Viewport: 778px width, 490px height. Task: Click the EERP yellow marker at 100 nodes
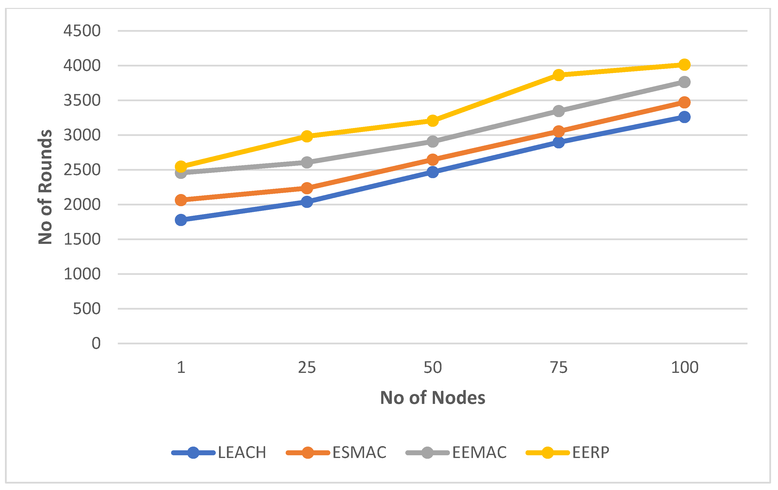[x=684, y=65]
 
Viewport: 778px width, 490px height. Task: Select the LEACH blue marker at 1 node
[x=181, y=220]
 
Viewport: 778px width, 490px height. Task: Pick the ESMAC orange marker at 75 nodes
[x=558, y=131]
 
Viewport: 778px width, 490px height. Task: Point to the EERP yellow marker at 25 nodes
[x=307, y=136]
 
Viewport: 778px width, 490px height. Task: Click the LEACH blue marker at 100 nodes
[x=684, y=117]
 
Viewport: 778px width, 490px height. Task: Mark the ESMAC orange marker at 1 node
[x=181, y=200]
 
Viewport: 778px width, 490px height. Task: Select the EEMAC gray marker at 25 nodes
[x=307, y=162]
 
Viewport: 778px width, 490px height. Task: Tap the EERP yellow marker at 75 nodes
[x=558, y=75]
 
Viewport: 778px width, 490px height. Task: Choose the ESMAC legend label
[x=359, y=453]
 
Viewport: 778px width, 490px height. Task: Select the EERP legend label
[x=591, y=453]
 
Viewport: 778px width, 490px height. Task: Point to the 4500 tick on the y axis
[x=82, y=31]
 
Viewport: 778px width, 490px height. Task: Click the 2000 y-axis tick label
[x=82, y=205]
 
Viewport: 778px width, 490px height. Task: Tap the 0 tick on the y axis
[x=96, y=343]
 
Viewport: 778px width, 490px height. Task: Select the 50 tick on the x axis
[x=433, y=367]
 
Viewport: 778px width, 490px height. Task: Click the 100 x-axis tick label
[x=684, y=367]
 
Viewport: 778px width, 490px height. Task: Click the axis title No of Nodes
[x=433, y=397]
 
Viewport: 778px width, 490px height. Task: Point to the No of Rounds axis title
[x=45, y=187]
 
